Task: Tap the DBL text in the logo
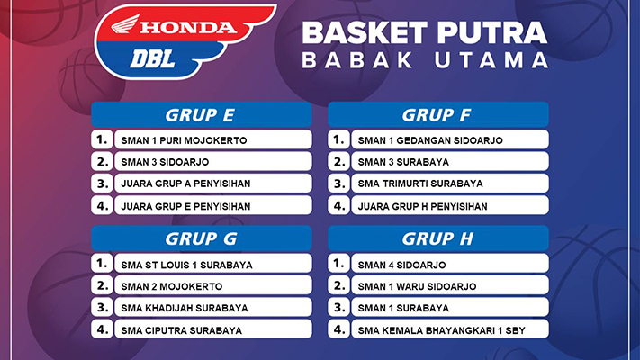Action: tap(153, 59)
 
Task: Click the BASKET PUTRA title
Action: tap(425, 33)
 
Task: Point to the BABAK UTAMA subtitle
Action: tap(425, 60)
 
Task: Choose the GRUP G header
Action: tap(202, 238)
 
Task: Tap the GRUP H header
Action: tap(438, 238)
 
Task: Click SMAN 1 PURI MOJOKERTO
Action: tap(185, 140)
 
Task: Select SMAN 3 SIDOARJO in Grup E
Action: tap(165, 162)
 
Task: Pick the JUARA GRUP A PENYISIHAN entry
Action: tap(185, 184)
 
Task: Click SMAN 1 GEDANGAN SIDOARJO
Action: tap(430, 140)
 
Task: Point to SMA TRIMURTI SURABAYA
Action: tap(420, 184)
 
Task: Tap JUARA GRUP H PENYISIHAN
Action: tap(422, 206)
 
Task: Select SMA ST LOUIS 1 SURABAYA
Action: tap(186, 265)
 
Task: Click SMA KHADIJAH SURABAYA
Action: tap(185, 308)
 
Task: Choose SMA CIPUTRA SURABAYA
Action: tap(182, 330)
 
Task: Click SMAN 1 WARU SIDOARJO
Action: tap(417, 286)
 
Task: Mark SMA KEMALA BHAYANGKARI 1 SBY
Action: tap(442, 330)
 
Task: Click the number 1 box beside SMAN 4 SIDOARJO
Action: tap(338, 264)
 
